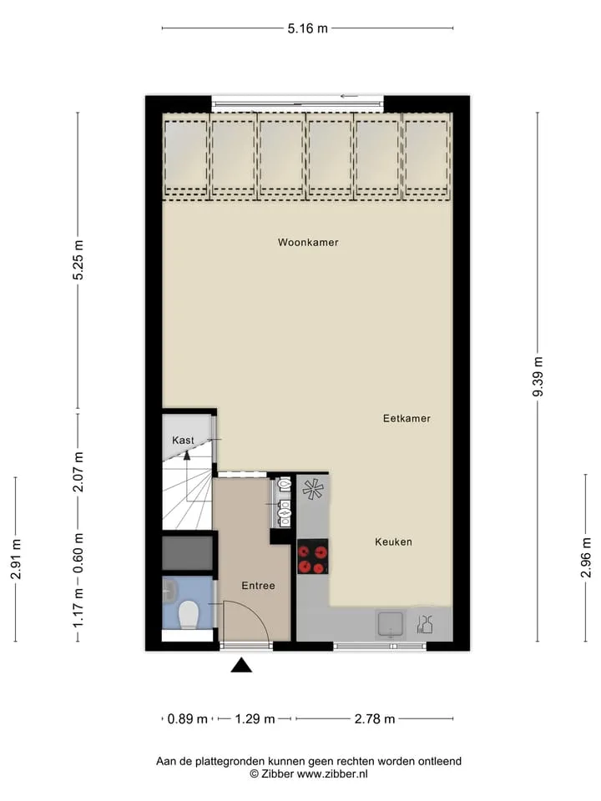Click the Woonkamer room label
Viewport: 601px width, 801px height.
click(x=308, y=242)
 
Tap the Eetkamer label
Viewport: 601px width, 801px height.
click(x=407, y=418)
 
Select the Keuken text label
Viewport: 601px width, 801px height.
click(x=393, y=542)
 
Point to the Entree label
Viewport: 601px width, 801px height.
click(x=258, y=586)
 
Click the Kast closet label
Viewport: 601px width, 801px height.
click(x=183, y=440)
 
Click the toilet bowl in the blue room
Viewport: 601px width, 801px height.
click(x=188, y=615)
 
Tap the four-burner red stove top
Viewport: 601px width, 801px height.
click(x=313, y=557)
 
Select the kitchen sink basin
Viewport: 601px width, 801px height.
click(x=391, y=624)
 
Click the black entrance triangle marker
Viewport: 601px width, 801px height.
click(x=242, y=665)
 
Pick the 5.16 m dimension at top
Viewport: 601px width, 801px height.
click(x=308, y=28)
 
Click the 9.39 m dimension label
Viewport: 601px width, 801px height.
click(x=538, y=376)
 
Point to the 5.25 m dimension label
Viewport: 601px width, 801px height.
click(x=78, y=260)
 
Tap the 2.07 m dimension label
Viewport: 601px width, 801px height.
click(x=78, y=472)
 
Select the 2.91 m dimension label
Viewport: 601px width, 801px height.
click(x=16, y=559)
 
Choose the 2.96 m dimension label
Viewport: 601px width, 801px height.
click(x=586, y=557)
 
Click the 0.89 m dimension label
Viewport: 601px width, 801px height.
click(x=188, y=719)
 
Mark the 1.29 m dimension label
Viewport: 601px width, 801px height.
click(x=255, y=719)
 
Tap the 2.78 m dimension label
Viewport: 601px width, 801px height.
click(x=375, y=719)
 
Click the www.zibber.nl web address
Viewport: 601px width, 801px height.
click(x=332, y=774)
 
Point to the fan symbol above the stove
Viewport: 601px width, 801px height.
click(x=313, y=489)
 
